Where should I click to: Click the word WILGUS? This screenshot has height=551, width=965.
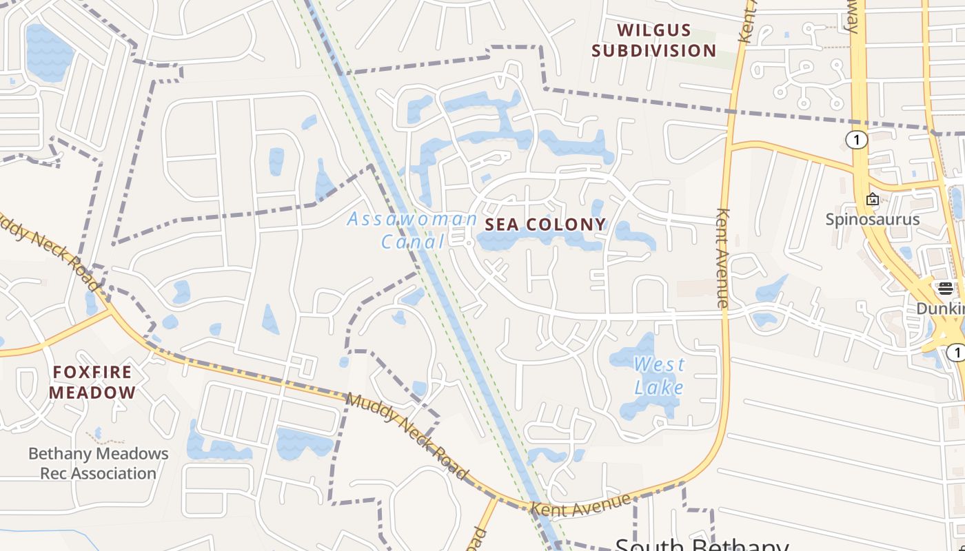coord(653,30)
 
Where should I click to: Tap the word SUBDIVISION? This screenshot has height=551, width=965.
coord(653,51)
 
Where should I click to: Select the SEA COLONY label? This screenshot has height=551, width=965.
coord(545,225)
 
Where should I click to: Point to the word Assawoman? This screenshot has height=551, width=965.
coord(412,220)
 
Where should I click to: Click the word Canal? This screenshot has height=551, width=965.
coord(413,242)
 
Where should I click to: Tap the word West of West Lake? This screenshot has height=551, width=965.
coord(659,364)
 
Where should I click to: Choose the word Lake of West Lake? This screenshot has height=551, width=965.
coord(659,387)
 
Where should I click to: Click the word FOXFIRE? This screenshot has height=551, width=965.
coord(92,373)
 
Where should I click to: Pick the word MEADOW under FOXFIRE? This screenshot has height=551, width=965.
coord(92,393)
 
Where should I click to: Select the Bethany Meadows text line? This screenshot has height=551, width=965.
coord(98,454)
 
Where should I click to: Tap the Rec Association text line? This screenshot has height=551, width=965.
coord(98,474)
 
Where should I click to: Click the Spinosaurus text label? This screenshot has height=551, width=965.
coord(873,220)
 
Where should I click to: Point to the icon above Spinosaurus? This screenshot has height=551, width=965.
coord(873,200)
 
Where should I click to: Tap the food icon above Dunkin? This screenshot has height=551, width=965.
coord(945,288)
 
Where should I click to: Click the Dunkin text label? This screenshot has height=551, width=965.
coord(940,309)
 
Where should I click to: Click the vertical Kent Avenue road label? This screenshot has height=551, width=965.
coord(722,258)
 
